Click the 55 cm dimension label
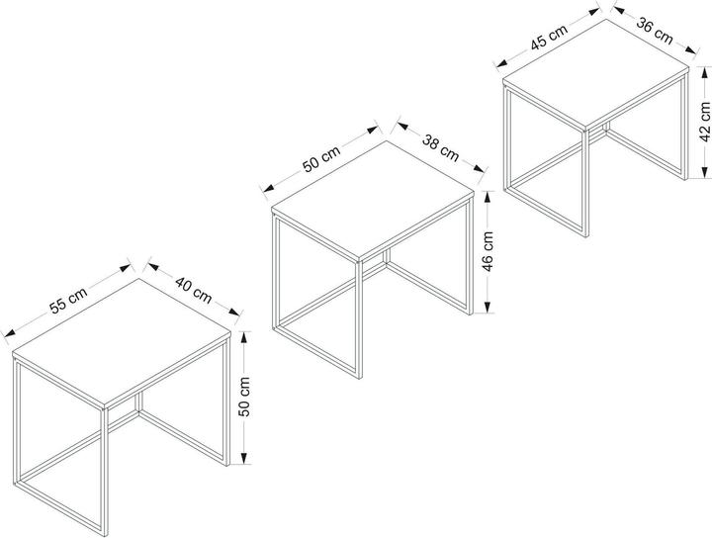pos(68,301)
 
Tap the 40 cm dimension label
pos(194,290)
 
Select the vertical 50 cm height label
pos(244,397)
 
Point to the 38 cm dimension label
pos(440,147)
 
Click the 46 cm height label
pos(488,251)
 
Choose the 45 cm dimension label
pos(550,37)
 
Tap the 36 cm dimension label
pos(655,31)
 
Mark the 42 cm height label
pos(705,122)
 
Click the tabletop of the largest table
pos(122,343)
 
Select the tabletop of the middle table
pos(373,201)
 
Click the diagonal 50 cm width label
pos(321,159)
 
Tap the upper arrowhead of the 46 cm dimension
pos(488,196)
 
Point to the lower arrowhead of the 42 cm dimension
pos(705,172)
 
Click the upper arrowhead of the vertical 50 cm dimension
pos(244,338)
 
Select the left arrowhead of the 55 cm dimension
pos(10,333)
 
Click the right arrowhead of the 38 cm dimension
pos(479,168)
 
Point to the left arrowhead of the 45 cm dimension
pos(501,63)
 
